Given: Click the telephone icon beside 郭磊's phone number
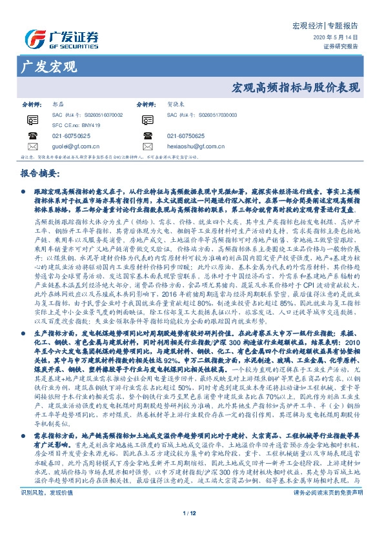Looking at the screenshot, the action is (32, 136).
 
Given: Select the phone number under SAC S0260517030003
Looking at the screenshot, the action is (186, 136).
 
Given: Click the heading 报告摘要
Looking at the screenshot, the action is (41, 175).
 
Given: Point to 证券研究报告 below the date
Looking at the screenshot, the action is (341, 46).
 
